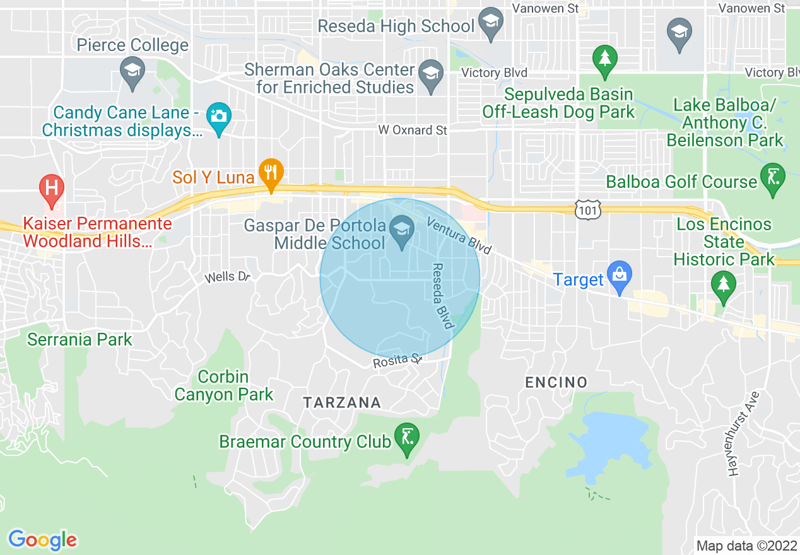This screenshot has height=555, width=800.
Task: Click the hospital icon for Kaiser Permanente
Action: pyautogui.click(x=52, y=189)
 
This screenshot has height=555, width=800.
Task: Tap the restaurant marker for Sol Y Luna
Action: pyautogui.click(x=271, y=173)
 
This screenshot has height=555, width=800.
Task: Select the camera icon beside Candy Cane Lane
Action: pyautogui.click(x=219, y=117)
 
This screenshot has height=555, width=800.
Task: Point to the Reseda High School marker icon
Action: pyautogui.click(x=490, y=25)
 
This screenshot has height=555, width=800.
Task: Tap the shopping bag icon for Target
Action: pyautogui.click(x=620, y=276)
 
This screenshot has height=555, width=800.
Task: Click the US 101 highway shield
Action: pyautogui.click(x=587, y=211)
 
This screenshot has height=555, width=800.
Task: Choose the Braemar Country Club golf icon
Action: pyautogui.click(x=407, y=437)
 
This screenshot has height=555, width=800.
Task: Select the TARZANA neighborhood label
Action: pyautogui.click(x=342, y=402)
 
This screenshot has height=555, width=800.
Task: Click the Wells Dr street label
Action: pyautogui.click(x=228, y=277)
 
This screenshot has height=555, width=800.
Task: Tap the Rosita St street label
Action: pyautogui.click(x=397, y=362)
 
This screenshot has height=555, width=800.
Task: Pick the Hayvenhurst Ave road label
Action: pyautogui.click(x=742, y=433)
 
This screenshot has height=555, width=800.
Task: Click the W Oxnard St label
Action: pyautogui.click(x=413, y=131)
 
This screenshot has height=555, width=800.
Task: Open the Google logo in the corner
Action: pyautogui.click(x=42, y=539)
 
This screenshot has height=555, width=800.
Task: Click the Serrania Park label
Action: pyautogui.click(x=80, y=339)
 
